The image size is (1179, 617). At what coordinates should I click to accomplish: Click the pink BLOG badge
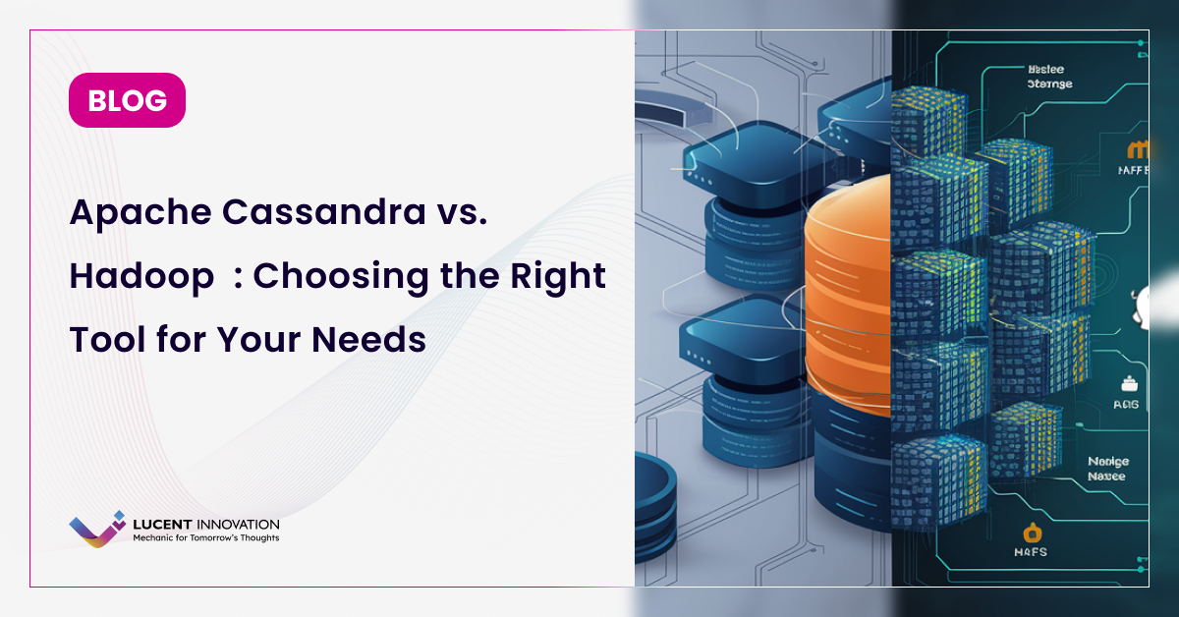[127, 100]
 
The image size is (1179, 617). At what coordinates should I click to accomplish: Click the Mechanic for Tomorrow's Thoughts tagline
[205, 538]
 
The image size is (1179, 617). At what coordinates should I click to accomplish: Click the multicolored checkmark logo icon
[97, 530]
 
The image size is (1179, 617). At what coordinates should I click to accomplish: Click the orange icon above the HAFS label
[1032, 533]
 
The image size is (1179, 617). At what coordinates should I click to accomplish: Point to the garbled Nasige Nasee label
[1108, 468]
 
